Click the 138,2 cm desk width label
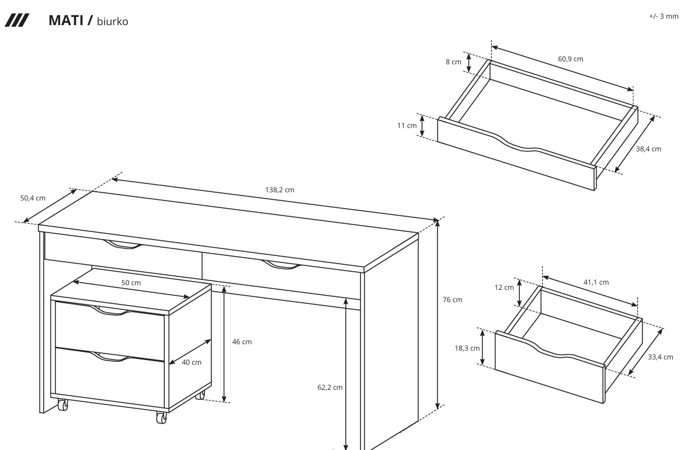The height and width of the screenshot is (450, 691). pyautogui.click(x=279, y=190)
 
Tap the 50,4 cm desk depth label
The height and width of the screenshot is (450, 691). pyautogui.click(x=33, y=198)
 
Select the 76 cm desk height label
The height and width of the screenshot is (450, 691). pyautogui.click(x=453, y=300)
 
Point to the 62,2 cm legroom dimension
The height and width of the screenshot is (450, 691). pyautogui.click(x=329, y=387)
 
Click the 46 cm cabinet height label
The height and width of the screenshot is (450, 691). pyautogui.click(x=242, y=341)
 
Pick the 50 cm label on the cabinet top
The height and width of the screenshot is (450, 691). pyautogui.click(x=131, y=282)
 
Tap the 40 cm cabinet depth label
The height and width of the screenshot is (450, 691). pyautogui.click(x=192, y=362)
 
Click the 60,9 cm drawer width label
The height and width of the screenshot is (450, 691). pyautogui.click(x=571, y=59)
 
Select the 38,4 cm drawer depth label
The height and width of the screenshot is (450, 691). pyautogui.click(x=648, y=149)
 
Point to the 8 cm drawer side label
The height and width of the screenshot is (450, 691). pyautogui.click(x=453, y=62)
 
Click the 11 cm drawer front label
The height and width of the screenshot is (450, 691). pyautogui.click(x=407, y=126)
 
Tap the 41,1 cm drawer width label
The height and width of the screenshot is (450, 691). pyautogui.click(x=596, y=282)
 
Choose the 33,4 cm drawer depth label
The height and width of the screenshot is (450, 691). pyautogui.click(x=660, y=357)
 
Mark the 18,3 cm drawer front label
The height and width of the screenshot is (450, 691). pyautogui.click(x=467, y=348)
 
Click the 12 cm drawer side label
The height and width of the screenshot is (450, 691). pyautogui.click(x=504, y=288)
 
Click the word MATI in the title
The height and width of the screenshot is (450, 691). pyautogui.click(x=65, y=20)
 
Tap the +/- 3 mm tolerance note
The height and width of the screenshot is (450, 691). pyautogui.click(x=664, y=16)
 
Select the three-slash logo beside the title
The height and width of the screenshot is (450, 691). pyautogui.click(x=17, y=20)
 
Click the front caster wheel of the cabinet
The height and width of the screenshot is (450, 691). pyautogui.click(x=162, y=417)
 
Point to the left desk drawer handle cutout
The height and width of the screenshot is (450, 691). pyautogui.click(x=124, y=245)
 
